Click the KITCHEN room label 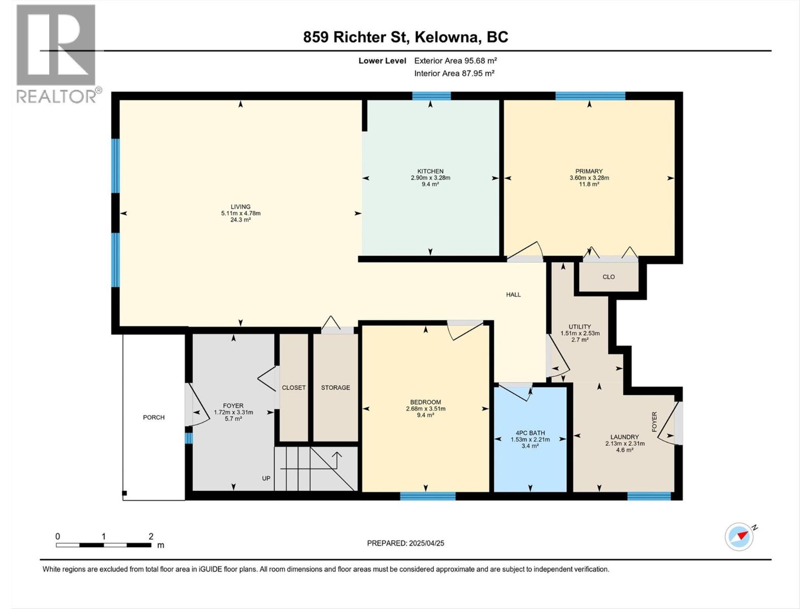click(x=430, y=171)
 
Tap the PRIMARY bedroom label click(x=589, y=171)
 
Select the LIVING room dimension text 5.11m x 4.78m click(x=241, y=213)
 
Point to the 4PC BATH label click(x=530, y=433)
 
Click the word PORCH click(x=154, y=418)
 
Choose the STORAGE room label click(x=335, y=388)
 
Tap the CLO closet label click(x=608, y=277)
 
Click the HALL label click(x=514, y=295)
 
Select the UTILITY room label click(x=580, y=327)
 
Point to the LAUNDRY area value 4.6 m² click(x=625, y=450)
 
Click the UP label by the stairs click(x=266, y=479)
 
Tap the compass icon click(x=739, y=536)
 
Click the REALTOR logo click(x=57, y=54)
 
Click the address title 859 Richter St click(x=355, y=37)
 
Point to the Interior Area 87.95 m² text click(x=454, y=73)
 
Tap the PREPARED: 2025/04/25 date click(x=405, y=543)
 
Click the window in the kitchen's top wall click(x=431, y=96)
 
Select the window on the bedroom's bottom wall click(x=428, y=496)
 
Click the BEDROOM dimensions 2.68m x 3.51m click(x=425, y=409)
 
